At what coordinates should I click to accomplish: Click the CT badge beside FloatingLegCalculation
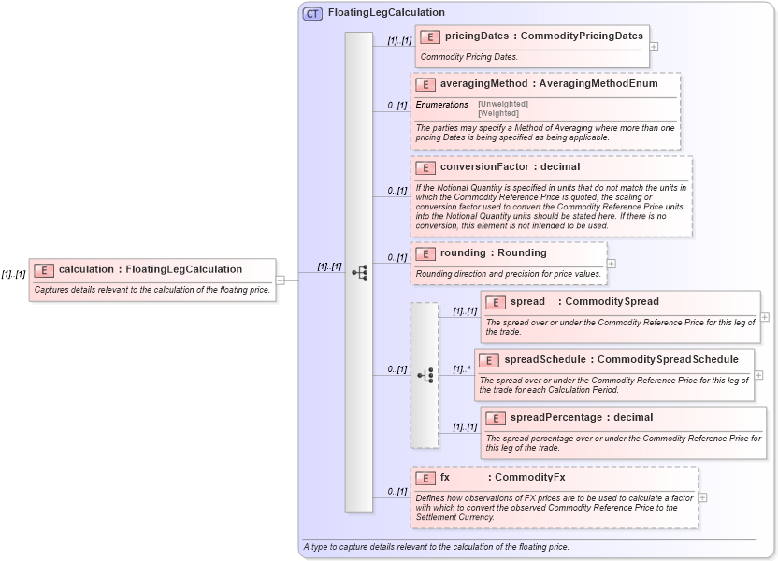point(312,13)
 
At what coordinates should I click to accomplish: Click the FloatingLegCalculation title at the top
point(386,13)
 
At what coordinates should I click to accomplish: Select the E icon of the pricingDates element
point(429,36)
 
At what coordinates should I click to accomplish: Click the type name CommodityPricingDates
point(582,36)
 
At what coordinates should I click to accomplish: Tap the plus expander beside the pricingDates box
point(654,46)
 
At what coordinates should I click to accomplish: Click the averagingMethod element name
point(483,84)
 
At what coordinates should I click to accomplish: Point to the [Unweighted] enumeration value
point(503,104)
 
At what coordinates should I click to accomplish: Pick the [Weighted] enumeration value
point(498,112)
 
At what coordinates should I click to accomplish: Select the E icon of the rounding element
point(425,253)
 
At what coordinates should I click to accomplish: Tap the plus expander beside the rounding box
point(612,264)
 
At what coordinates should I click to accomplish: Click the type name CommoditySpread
point(612,302)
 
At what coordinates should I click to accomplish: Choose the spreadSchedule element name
point(546,360)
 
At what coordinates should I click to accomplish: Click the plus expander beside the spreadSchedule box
point(758,375)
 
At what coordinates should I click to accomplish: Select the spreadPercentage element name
point(555,418)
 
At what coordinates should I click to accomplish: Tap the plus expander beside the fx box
point(702,497)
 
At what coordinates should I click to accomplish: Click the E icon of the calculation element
point(43,270)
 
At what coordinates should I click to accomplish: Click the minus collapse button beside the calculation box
point(280,279)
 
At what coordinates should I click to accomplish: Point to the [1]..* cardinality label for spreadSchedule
point(462,368)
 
